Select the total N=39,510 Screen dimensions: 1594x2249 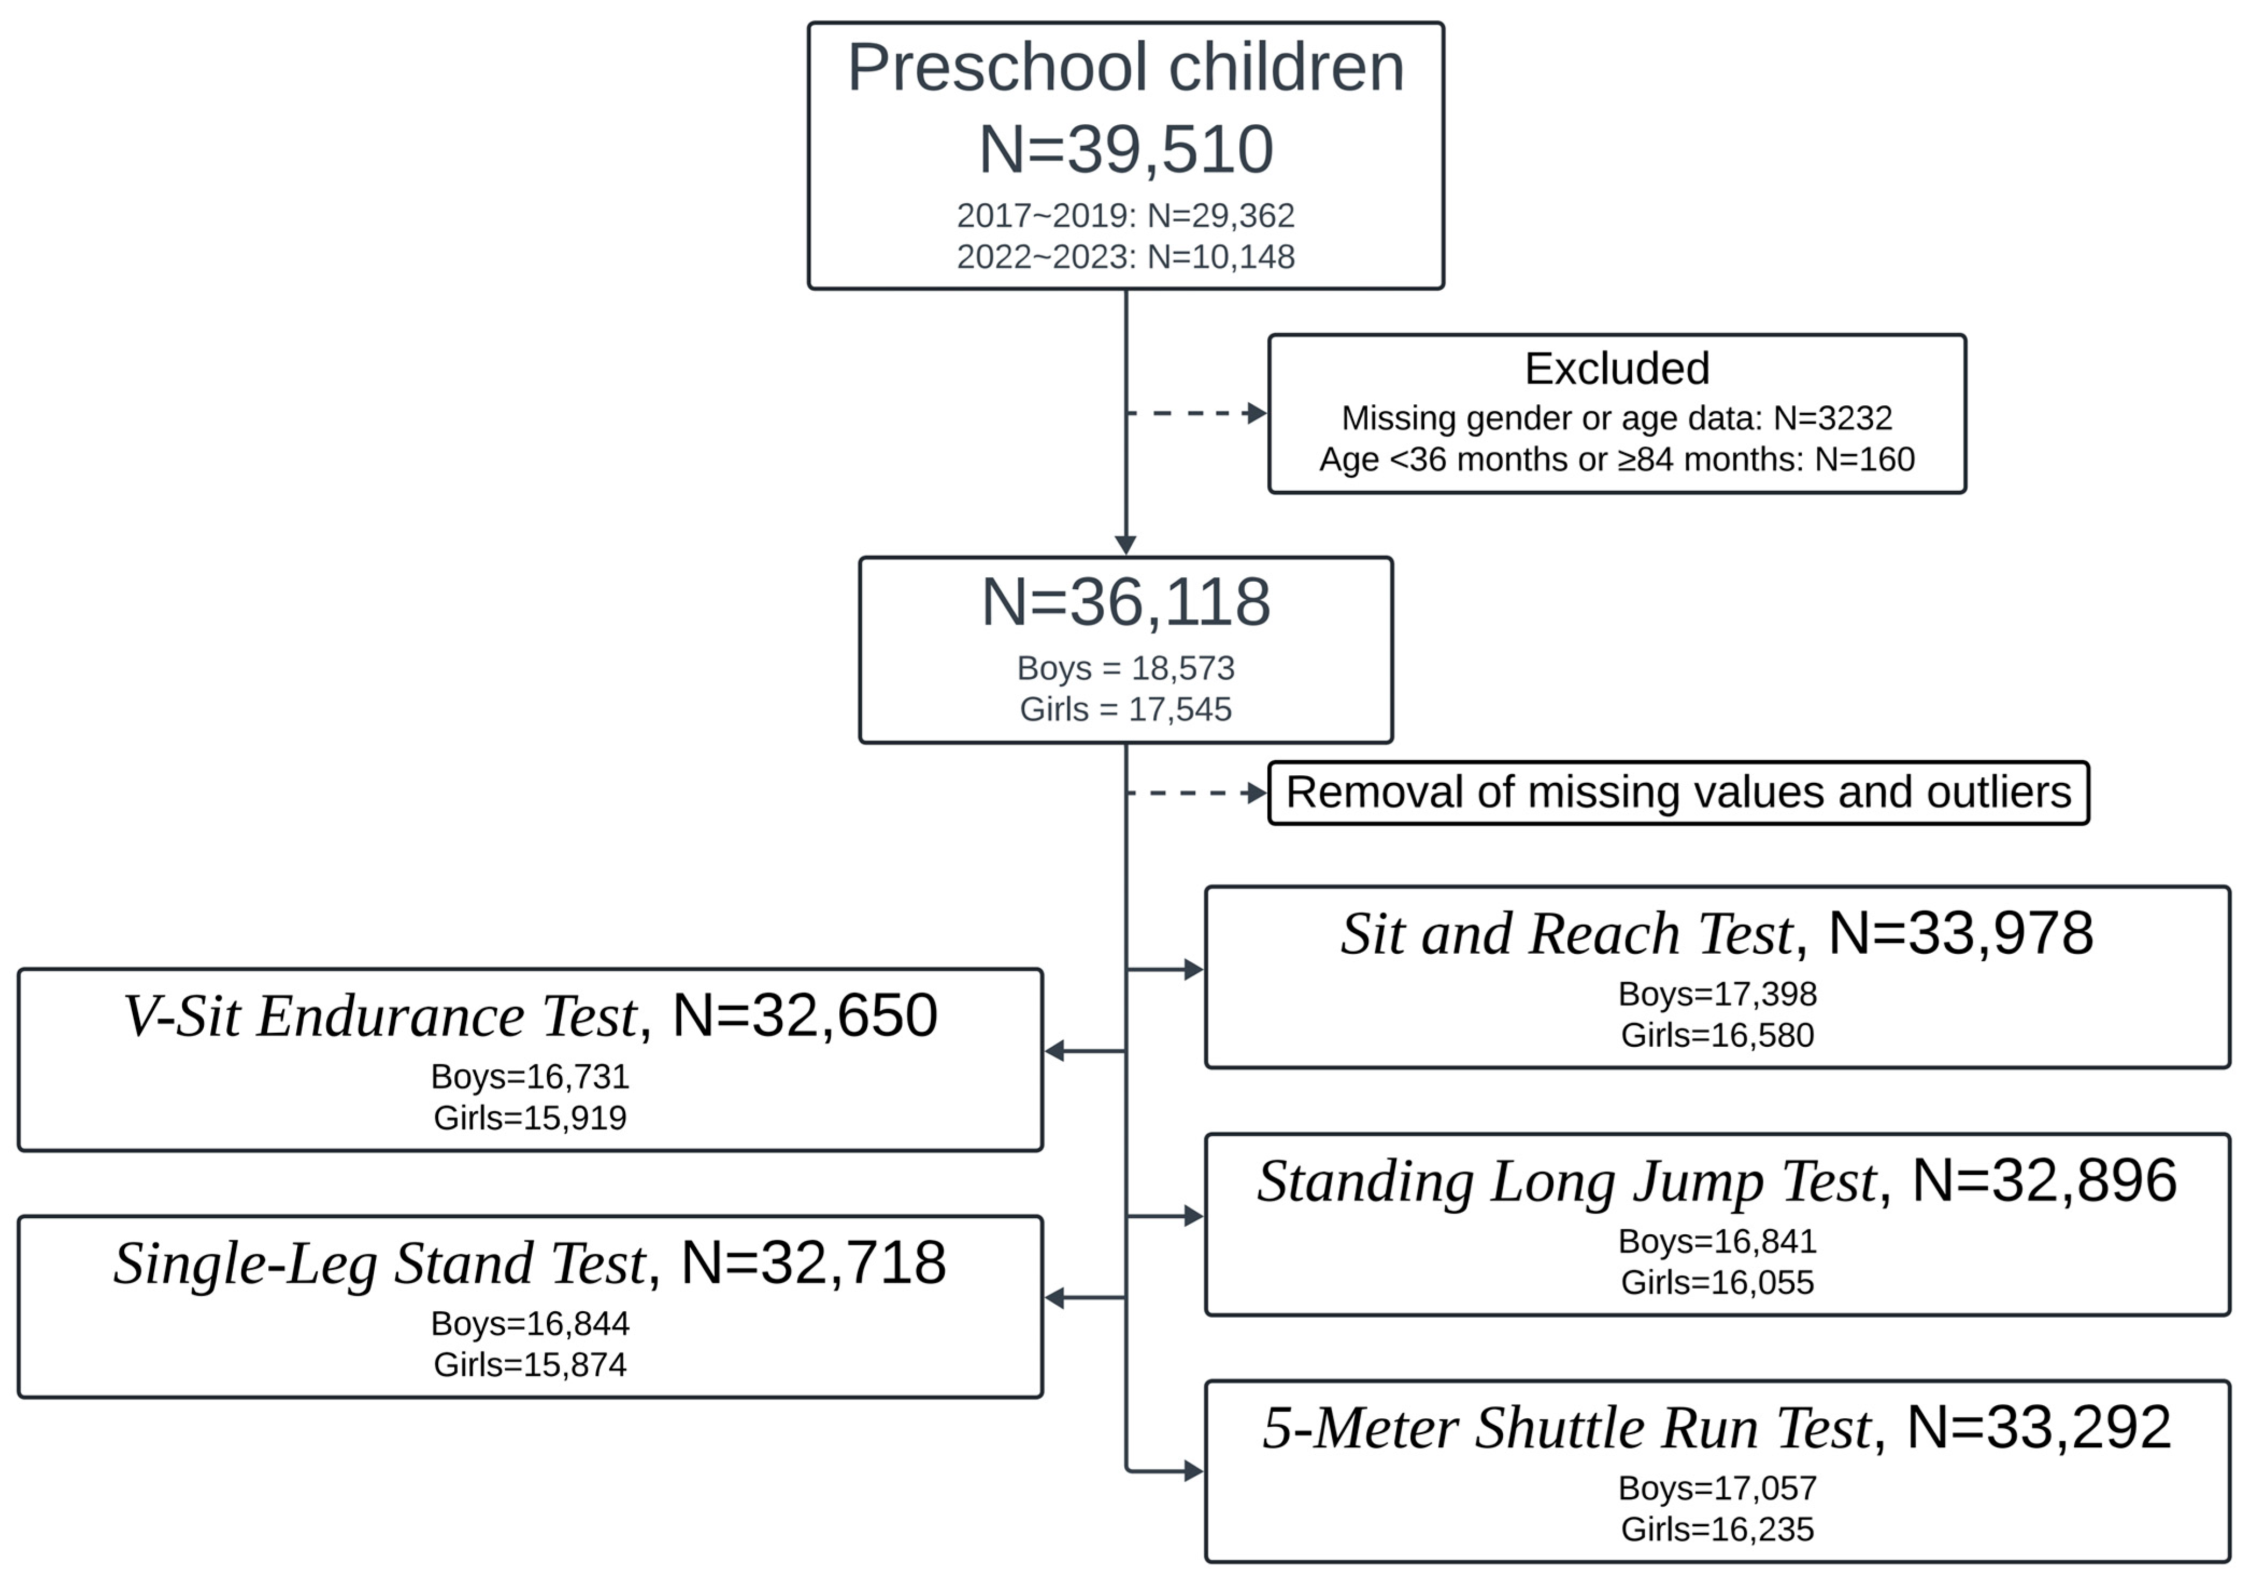point(1125,150)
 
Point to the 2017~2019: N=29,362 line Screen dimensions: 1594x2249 point(1125,215)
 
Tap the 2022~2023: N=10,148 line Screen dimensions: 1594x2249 point(1125,256)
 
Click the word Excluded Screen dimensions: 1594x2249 point(1616,369)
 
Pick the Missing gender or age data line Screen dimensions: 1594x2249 point(1616,418)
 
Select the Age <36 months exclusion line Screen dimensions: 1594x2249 point(1616,459)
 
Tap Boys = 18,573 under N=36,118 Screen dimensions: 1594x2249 point(1125,668)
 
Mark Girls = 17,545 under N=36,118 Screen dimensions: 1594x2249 point(1125,709)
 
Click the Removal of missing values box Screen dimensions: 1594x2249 point(1677,792)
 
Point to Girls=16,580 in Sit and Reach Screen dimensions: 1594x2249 point(1716,1034)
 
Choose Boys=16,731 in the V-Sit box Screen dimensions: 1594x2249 point(530,1077)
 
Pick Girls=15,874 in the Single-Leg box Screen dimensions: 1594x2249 point(530,1364)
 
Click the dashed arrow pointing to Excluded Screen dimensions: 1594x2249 point(1196,413)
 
